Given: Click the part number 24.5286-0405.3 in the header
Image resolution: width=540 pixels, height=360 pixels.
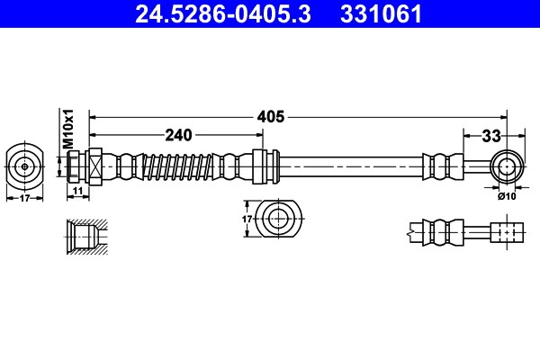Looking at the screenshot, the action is (223, 13).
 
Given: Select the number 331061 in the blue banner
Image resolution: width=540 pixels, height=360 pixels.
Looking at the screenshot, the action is (381, 13).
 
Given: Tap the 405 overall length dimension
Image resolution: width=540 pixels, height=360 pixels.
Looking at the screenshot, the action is (271, 117).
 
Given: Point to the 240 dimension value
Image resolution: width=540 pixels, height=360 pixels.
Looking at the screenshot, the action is (178, 135).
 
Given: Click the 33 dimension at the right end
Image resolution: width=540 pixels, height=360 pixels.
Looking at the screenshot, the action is (491, 136).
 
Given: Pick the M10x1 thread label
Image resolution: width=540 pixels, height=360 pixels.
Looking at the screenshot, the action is (69, 129).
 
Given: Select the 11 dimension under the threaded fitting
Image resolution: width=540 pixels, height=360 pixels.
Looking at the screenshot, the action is (78, 191).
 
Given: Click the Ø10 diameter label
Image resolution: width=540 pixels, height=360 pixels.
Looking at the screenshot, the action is (507, 196).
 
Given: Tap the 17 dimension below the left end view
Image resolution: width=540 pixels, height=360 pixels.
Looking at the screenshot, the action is (24, 198).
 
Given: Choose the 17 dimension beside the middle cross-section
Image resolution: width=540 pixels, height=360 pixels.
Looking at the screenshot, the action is (247, 219).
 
